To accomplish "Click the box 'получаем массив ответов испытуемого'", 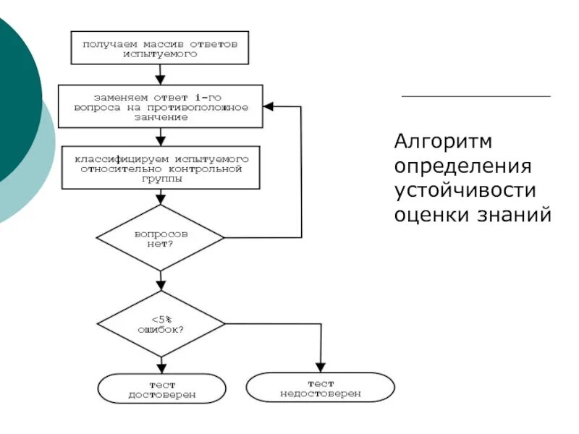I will (x=160, y=48).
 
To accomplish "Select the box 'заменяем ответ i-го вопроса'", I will (x=160, y=107).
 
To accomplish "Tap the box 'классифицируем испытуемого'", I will (x=160, y=168).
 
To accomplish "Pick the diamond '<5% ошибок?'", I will (x=161, y=323).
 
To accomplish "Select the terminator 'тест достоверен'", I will (x=161, y=389).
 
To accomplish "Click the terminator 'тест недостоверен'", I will (x=320, y=388).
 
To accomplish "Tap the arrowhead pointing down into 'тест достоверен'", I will (x=161, y=368).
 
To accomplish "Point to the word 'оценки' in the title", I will (x=430, y=215).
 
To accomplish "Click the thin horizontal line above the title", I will (x=476, y=96).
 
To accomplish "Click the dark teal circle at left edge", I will (x=14, y=94).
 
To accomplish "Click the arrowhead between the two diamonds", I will (x=161, y=285).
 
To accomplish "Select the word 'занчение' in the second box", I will (x=161, y=117).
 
